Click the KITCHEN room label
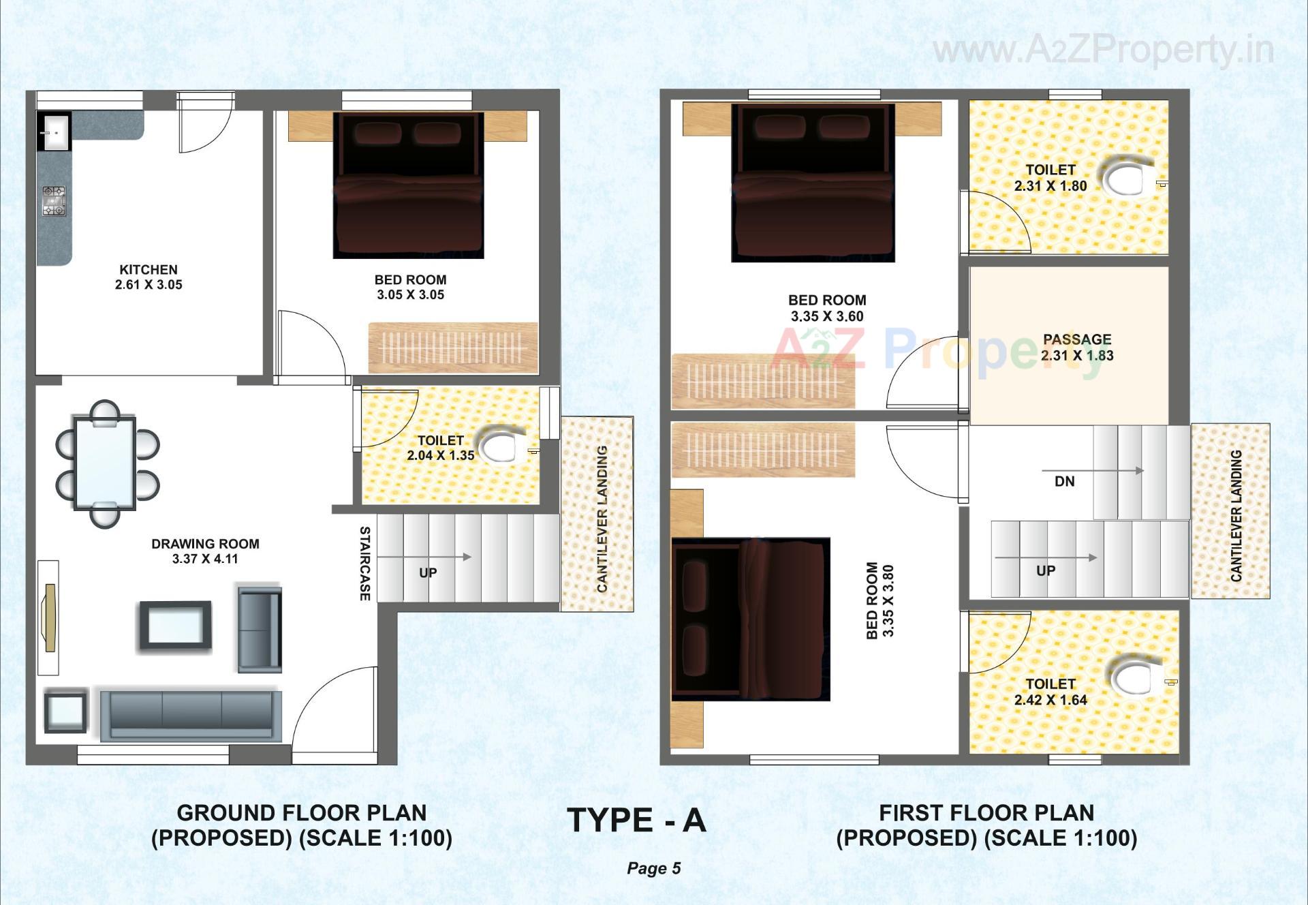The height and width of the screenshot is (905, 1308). (x=149, y=270)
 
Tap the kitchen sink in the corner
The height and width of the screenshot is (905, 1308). (x=54, y=132)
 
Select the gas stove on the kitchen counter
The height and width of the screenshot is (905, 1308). (x=54, y=201)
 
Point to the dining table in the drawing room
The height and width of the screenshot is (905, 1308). (x=105, y=463)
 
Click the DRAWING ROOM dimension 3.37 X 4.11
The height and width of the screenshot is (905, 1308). (x=205, y=559)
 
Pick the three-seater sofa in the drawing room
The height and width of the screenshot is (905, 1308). (x=191, y=715)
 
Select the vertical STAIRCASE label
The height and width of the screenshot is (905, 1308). (x=365, y=564)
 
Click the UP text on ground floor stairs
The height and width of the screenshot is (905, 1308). (x=428, y=572)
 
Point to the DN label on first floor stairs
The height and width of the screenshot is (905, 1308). (x=1064, y=482)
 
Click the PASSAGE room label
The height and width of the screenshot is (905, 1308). (x=1077, y=339)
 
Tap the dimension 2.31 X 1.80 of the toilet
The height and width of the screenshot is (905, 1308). (x=1050, y=186)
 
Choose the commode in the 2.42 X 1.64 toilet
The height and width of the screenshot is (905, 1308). (x=1135, y=679)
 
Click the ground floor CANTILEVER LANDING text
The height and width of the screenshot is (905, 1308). (x=602, y=519)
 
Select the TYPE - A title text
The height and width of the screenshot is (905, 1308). (x=637, y=820)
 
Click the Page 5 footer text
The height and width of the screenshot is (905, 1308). (x=654, y=868)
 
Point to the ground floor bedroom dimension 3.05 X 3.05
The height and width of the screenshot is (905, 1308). (x=410, y=295)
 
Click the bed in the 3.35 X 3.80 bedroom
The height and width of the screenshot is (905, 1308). (x=750, y=619)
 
